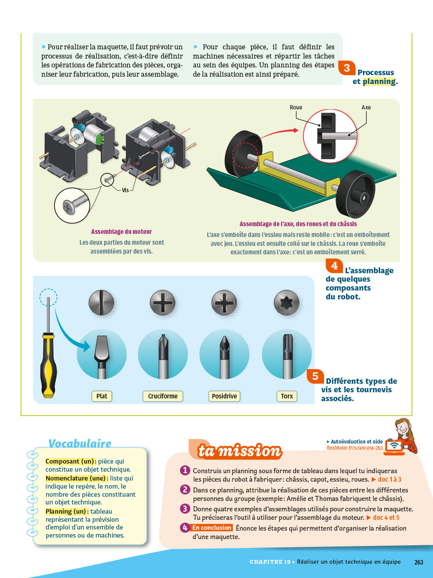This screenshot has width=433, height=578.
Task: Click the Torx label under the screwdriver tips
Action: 287,396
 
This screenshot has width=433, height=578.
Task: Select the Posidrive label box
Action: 224,396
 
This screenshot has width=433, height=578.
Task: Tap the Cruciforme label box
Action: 163,396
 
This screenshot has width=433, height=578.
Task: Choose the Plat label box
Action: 102,396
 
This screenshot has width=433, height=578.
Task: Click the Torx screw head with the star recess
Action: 286,303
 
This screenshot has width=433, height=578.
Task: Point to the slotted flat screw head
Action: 101,303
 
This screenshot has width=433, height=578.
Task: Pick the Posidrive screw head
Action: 224,303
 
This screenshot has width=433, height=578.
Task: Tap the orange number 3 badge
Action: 347,68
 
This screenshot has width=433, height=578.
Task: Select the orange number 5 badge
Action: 315,376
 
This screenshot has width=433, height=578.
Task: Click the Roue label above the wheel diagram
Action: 296,108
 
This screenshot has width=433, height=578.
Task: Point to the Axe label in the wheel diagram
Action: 366,108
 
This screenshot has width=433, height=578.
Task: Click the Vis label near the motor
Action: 125,190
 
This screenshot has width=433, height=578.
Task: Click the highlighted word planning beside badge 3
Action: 379,81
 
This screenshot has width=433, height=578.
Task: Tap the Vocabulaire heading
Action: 80,444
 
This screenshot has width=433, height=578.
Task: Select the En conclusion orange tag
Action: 212,528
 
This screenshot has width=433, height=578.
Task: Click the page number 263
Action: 419,562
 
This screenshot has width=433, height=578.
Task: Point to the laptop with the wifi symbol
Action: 394,447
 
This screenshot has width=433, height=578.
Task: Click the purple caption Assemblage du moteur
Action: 121,232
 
